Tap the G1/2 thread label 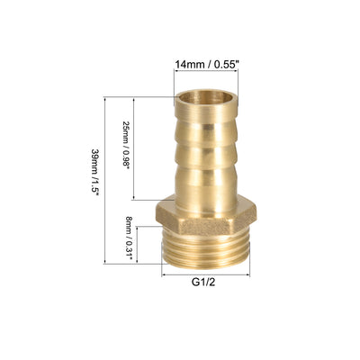coord(203,283)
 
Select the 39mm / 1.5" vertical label coord(95,172)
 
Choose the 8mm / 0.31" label coord(129,239)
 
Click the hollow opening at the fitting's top coord(206,97)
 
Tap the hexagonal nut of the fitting coord(206,214)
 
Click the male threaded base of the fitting coord(206,250)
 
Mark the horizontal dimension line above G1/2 coord(206,274)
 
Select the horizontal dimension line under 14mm coord(206,71)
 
